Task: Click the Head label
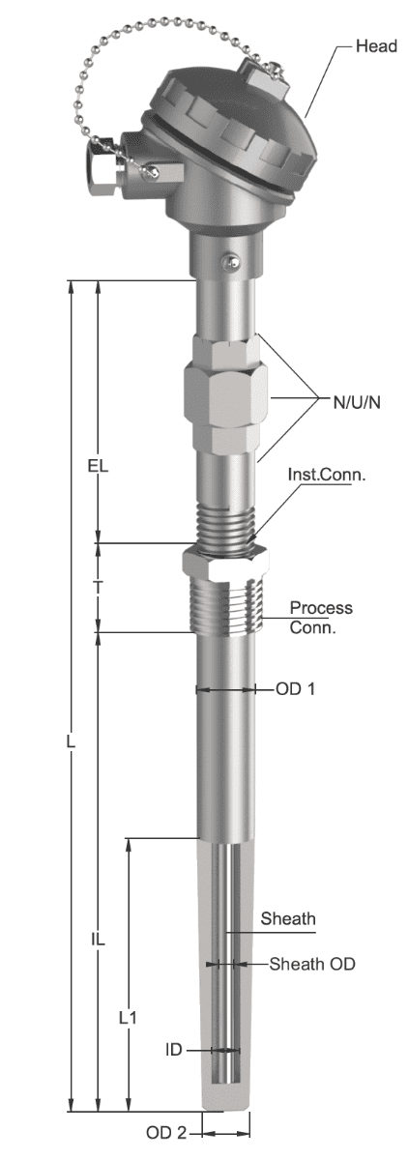point(376,46)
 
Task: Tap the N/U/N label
point(357,402)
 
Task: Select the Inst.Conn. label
point(326,475)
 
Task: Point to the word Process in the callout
point(321,607)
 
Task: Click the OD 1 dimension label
point(295,688)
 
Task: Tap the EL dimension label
point(98,466)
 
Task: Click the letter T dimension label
point(98,588)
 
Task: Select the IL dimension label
point(98,939)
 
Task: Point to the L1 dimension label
point(128,1018)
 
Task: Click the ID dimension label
point(173,1050)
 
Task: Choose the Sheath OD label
point(312,964)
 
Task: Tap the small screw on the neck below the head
point(230,263)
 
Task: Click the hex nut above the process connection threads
point(224,565)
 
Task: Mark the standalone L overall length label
point(71,741)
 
